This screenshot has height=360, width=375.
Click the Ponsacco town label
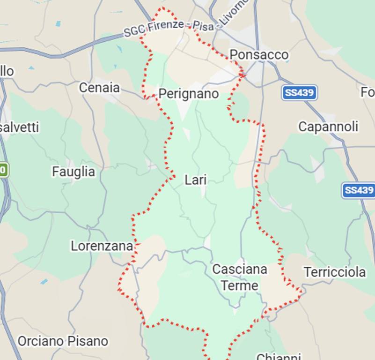(x=259, y=55)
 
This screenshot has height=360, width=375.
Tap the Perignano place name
(x=188, y=94)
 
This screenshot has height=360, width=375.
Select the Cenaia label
(x=99, y=88)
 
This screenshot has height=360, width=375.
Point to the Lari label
(x=196, y=180)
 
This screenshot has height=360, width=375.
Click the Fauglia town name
(x=74, y=172)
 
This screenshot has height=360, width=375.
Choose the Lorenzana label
(x=102, y=246)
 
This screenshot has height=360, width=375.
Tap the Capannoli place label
(x=328, y=127)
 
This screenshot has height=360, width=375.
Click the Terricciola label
(x=335, y=272)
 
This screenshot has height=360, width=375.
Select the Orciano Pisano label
(x=63, y=341)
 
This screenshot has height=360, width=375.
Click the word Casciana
(x=240, y=270)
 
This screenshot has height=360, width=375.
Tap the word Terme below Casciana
(x=240, y=285)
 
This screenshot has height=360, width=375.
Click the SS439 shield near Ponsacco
(x=300, y=93)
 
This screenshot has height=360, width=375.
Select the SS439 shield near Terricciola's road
(x=359, y=190)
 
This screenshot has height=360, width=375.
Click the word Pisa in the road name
(x=204, y=26)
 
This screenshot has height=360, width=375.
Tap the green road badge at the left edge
(x=4, y=170)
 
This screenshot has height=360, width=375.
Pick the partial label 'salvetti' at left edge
(x=20, y=127)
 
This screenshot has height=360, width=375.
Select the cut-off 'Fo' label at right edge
(x=368, y=92)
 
